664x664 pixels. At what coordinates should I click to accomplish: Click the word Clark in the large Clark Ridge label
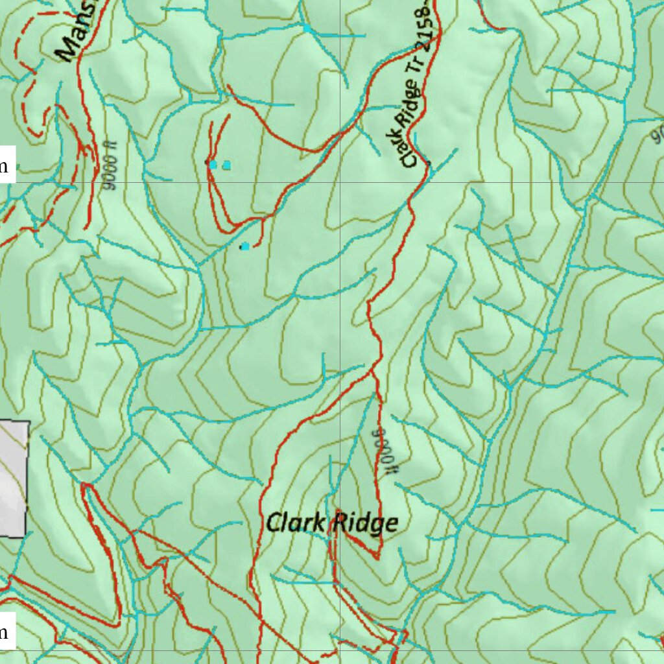(297, 523)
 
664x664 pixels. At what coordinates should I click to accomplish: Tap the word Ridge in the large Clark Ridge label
(364, 523)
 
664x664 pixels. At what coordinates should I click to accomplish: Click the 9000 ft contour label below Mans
(112, 171)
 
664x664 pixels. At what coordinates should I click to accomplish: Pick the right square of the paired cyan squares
(226, 165)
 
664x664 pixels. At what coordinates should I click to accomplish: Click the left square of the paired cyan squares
(213, 165)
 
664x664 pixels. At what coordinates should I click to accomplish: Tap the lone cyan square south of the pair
(244, 246)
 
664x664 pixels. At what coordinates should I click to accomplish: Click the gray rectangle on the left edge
(13, 479)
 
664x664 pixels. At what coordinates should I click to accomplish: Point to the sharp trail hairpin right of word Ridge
(378, 556)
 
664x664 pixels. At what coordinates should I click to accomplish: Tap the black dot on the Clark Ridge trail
(429, 162)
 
